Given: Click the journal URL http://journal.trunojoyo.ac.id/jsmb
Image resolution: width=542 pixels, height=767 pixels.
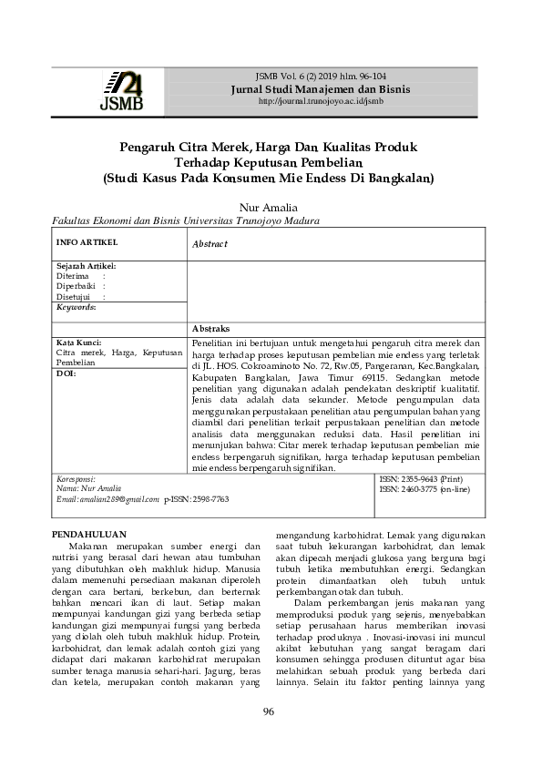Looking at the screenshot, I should coord(321,101).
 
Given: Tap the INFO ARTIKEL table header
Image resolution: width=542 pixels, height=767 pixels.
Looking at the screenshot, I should coord(87,243).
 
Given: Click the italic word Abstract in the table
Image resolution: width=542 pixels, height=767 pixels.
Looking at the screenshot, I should coord(210,244).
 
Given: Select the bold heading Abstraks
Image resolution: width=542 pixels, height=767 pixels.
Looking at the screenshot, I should coord(211,327).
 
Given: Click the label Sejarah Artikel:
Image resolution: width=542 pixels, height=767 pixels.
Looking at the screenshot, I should coord(86,265).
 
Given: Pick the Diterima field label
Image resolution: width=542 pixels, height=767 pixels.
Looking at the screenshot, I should coord(72,275).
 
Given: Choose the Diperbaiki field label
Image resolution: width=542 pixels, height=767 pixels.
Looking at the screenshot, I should coord(77,286).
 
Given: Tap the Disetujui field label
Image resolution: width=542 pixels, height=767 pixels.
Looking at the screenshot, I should coord(74,296).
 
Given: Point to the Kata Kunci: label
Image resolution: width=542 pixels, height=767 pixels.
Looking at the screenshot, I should coord(79,342).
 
